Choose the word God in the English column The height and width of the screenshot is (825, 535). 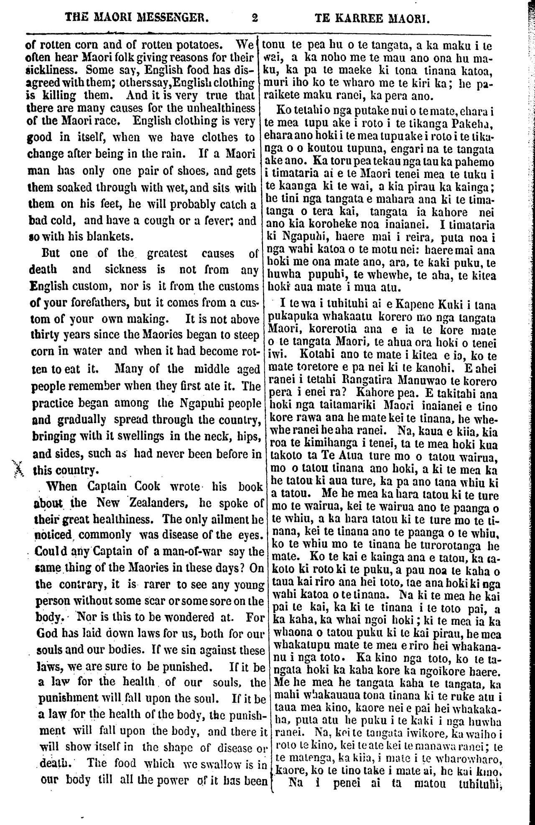pos(47,633)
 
